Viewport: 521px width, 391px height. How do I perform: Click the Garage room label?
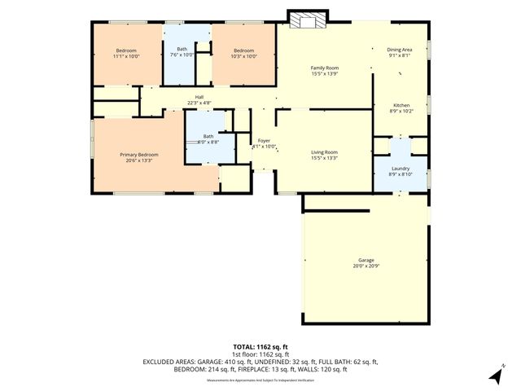tap(365, 260)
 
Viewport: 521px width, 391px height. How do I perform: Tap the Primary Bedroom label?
tap(139, 154)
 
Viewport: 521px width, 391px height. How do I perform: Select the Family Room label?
tap(324, 68)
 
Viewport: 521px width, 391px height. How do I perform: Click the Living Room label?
tap(324, 152)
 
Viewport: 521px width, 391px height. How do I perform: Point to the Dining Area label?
tap(399, 50)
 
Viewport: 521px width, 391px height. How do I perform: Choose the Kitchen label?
tap(402, 105)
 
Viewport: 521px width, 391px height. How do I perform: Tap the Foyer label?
tap(264, 141)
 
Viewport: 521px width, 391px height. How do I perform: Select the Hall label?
tap(199, 97)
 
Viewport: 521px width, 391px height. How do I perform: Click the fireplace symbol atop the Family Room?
tap(305, 19)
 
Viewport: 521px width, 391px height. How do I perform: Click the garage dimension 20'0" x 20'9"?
tap(365, 266)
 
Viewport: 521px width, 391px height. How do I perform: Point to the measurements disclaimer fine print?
tap(260, 380)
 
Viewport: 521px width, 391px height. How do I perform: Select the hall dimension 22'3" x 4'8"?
tap(199, 103)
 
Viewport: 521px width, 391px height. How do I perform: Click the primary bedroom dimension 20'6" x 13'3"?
tap(139, 160)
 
